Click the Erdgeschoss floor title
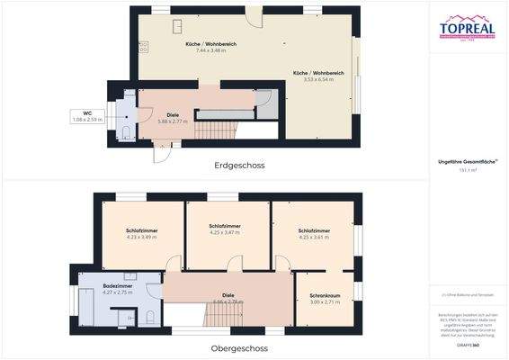(238, 166)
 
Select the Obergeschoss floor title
(240, 347)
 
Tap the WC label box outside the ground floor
(88, 115)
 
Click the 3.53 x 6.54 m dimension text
(319, 79)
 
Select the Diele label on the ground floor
(172, 114)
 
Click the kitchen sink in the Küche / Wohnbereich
(176, 24)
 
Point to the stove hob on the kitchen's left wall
(143, 45)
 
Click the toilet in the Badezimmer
(146, 317)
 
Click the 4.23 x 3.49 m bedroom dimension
(141, 237)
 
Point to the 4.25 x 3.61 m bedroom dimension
(313, 238)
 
